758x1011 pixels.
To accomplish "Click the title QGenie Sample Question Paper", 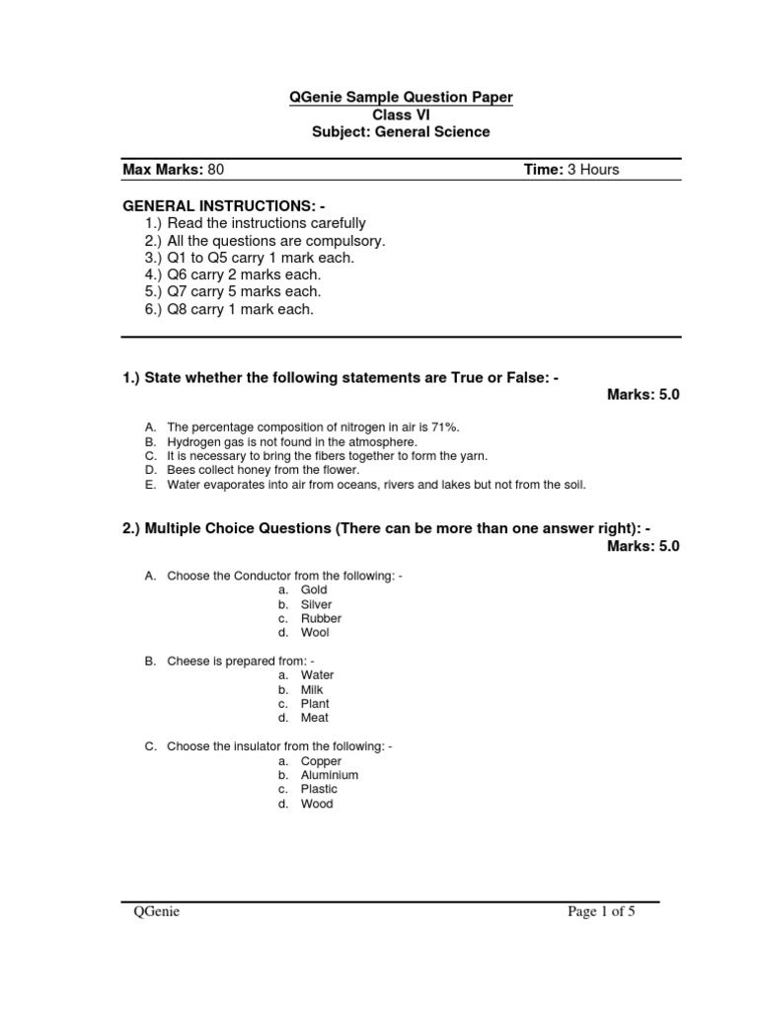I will click(386, 97).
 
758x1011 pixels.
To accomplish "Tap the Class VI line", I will click(387, 115).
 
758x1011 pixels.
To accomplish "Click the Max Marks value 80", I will click(216, 170).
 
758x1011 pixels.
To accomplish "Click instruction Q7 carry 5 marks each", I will click(233, 292).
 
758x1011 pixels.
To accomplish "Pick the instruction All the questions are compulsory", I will click(265, 241).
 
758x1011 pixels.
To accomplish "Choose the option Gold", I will click(314, 589).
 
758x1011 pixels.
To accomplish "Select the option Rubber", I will click(321, 618).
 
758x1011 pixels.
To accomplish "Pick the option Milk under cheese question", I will click(312, 690).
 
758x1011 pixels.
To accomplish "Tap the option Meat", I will click(315, 718).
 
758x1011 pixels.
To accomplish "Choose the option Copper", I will click(321, 761).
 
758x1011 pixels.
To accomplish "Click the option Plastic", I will click(319, 789).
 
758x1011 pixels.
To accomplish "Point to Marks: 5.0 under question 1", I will click(644, 395).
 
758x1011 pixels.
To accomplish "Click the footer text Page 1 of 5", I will click(601, 912).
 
